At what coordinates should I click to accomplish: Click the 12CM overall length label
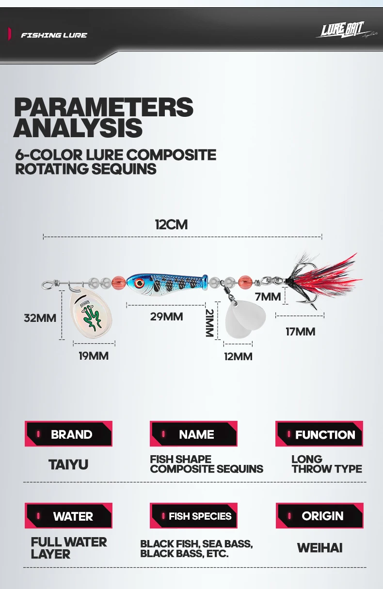pos(171,225)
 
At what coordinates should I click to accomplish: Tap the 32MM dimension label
pos(40,318)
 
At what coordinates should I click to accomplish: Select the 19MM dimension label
pos(94,356)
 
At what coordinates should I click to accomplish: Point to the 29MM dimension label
pos(166,317)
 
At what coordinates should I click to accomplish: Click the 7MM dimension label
pos(268,297)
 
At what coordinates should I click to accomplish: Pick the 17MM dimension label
pos(301,332)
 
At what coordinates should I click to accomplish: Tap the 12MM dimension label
pos(238,357)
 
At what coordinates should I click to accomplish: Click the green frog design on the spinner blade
pos(92,318)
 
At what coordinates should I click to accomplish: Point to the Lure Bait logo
pos(341,30)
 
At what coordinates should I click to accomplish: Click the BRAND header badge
pos(68,433)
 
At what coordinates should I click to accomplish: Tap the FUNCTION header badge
pos(319,433)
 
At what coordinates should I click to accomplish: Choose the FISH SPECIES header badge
pos(193,516)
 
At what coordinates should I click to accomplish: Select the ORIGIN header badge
pos(319,516)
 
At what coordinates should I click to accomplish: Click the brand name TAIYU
pos(68,464)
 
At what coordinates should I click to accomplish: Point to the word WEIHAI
pos(319,548)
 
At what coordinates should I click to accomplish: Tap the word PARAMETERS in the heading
pos(104,107)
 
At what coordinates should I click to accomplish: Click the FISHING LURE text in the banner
pos(54,35)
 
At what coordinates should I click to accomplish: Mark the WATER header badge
pos(68,516)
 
